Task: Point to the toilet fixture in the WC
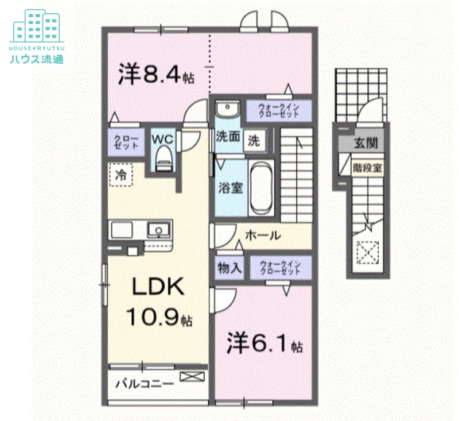[163, 158]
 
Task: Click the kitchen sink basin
[156, 231]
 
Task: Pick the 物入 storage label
[228, 267]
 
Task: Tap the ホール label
[263, 235]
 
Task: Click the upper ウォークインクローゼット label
[278, 110]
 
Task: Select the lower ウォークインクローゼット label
[279, 267]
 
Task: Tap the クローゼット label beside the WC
[126, 142]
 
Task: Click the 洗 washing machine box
[254, 140]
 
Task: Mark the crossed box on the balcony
[191, 377]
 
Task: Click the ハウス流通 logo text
[36, 59]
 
